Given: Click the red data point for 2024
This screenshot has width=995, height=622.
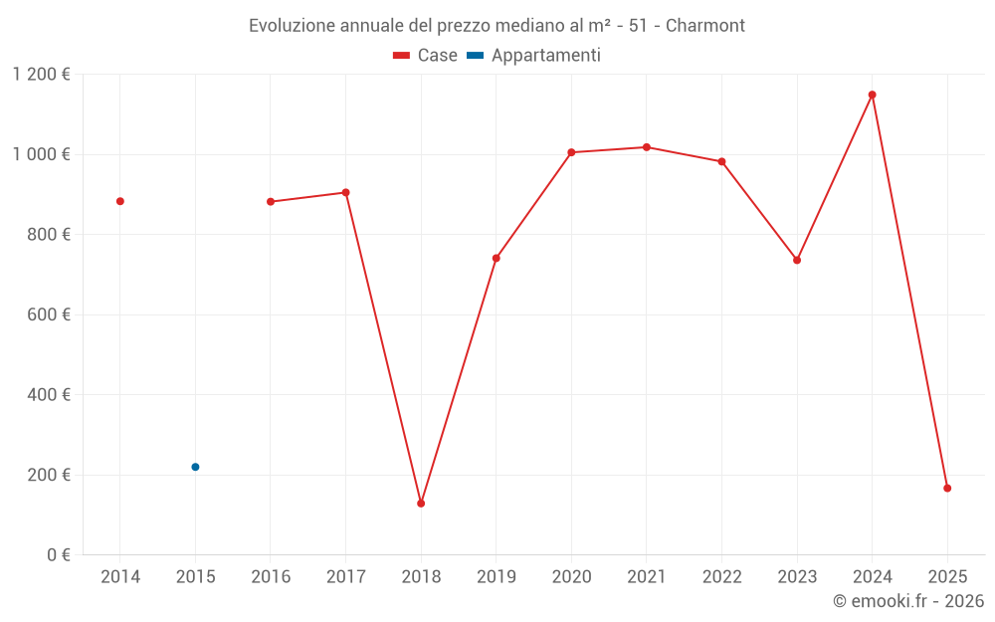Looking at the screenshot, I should tap(872, 95).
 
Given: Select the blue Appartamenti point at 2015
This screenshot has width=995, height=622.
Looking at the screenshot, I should tap(195, 467).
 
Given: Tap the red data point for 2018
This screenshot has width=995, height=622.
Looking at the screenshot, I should tap(421, 504).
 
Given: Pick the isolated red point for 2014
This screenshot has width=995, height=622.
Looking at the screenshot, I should tap(120, 201).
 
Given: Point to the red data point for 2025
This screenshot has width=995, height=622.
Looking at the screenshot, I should tap(947, 489).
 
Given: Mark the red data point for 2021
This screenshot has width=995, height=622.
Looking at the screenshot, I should tap(647, 147).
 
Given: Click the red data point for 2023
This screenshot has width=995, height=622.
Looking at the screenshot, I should tap(797, 260).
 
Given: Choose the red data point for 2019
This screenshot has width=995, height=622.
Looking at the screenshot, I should tap(497, 258).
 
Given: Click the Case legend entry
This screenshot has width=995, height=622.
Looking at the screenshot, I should tap(426, 56).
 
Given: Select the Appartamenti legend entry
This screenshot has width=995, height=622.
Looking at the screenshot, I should tap(534, 56).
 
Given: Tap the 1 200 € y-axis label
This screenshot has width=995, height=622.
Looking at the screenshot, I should tap(42, 75).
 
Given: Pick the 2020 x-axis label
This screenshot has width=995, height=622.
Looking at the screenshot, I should tap(571, 577).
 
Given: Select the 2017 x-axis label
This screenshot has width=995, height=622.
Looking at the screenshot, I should tap(345, 577).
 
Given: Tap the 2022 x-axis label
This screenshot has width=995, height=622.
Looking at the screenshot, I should tap(721, 577).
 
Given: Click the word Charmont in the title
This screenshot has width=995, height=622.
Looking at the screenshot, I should tap(704, 26).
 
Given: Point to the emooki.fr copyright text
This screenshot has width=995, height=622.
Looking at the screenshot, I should tap(908, 601).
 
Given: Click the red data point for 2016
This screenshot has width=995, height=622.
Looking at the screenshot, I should tap(271, 202).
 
